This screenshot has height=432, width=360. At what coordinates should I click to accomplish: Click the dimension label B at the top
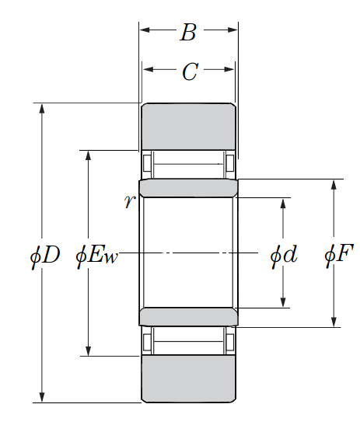(x=188, y=32)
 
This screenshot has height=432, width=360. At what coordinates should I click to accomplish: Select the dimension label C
(x=190, y=71)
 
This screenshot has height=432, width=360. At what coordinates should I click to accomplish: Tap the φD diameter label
(x=45, y=256)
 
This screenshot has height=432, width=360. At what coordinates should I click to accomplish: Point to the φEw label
(x=96, y=256)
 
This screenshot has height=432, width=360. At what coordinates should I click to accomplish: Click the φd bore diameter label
(x=284, y=256)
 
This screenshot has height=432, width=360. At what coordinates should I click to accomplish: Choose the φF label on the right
(x=339, y=256)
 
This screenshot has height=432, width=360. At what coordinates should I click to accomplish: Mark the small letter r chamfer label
(x=129, y=201)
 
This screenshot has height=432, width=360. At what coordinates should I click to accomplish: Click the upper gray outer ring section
(x=188, y=127)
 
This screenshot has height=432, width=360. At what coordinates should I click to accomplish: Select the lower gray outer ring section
(x=188, y=379)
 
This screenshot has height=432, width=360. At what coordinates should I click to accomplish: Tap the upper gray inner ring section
(x=188, y=188)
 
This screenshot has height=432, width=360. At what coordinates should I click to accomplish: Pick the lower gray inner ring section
(x=188, y=317)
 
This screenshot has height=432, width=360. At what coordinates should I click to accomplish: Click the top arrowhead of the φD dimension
(x=42, y=109)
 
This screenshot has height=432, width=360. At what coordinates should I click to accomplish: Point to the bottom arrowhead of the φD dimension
(x=42, y=397)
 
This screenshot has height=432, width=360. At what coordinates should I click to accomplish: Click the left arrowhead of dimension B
(x=145, y=30)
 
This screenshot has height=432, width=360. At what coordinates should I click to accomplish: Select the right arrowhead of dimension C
(x=229, y=69)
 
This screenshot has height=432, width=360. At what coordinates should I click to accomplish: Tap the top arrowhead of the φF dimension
(x=334, y=185)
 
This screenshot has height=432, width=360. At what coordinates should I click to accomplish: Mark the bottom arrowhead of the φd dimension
(x=283, y=302)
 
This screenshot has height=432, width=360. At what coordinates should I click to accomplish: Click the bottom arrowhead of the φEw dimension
(x=88, y=350)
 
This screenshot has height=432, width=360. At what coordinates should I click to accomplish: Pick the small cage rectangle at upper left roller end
(x=147, y=163)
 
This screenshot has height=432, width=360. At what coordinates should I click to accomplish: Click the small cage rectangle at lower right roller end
(x=230, y=342)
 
